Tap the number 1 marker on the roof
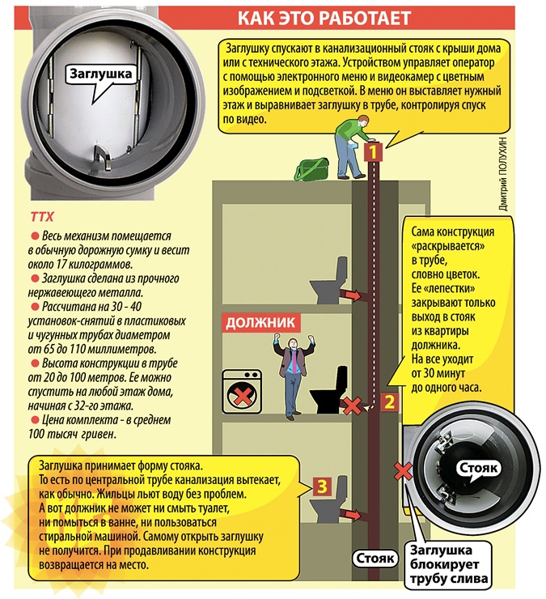pyautogui.click(x=373, y=151)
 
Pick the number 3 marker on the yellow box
pyautogui.click(x=322, y=486)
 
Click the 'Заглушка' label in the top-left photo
pyautogui.click(x=99, y=73)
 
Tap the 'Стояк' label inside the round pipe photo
pyautogui.click(x=480, y=468)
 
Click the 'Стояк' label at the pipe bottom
pyautogui.click(x=375, y=559)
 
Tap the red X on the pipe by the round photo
pyautogui.click(x=402, y=468)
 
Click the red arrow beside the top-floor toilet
pyautogui.click(x=351, y=296)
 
